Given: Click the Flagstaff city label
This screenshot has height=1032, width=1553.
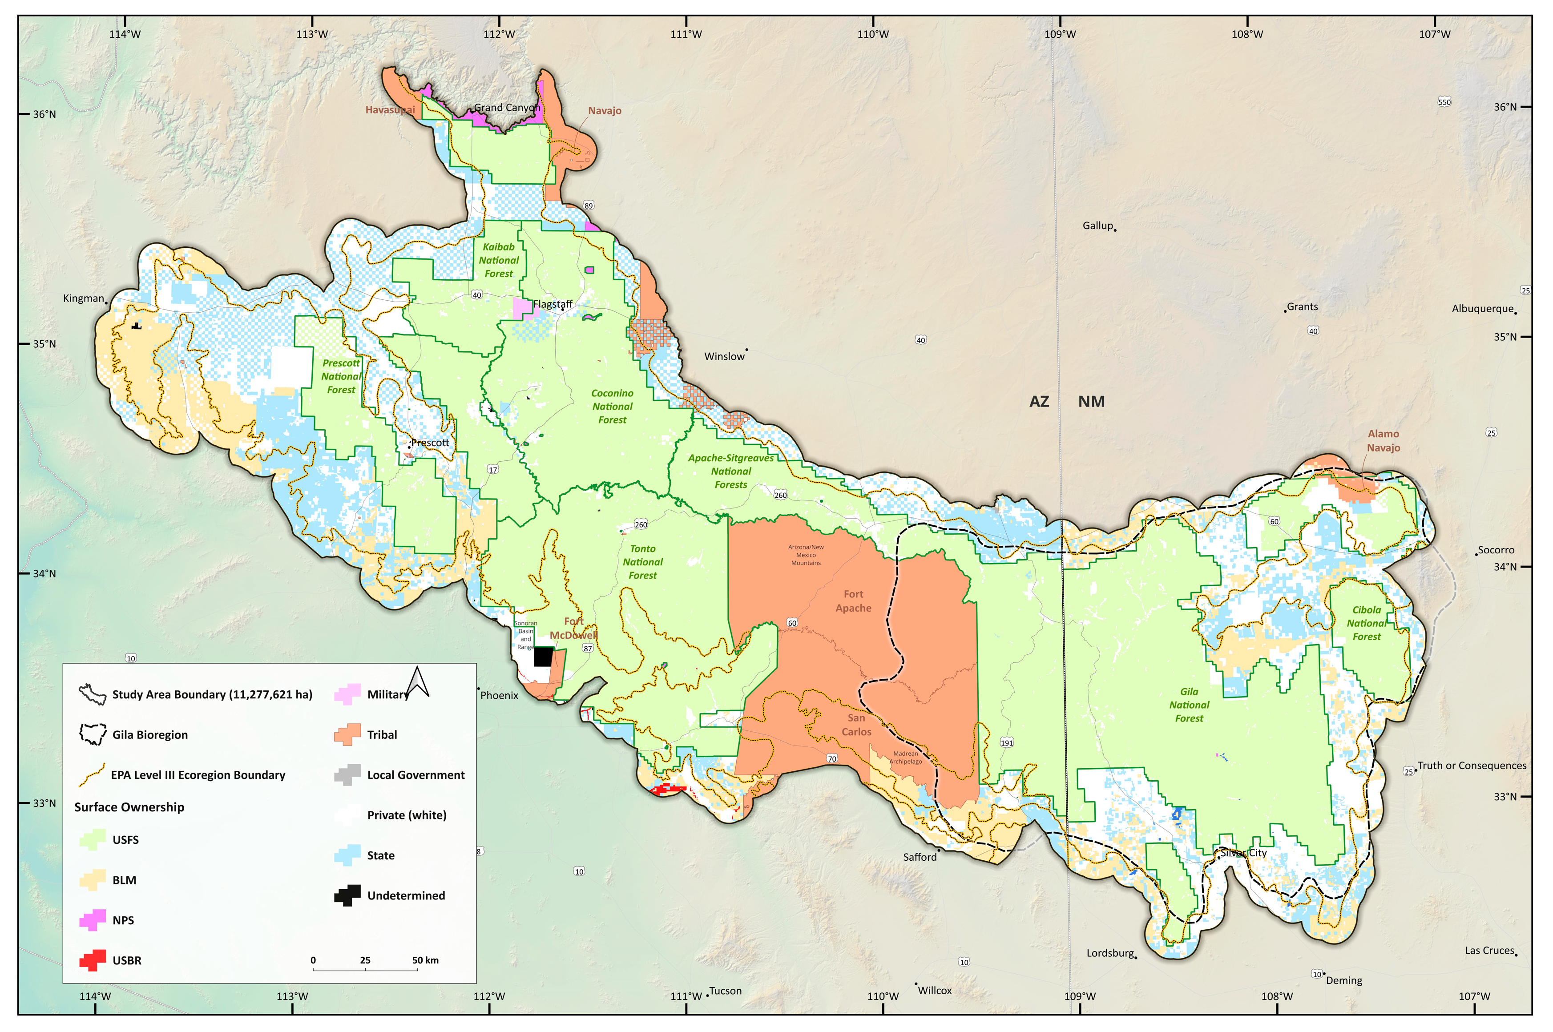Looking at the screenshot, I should (x=553, y=304).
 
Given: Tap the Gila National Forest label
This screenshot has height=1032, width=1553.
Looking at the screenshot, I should (x=1189, y=705).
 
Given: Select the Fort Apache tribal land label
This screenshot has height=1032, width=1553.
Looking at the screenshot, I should (x=854, y=601).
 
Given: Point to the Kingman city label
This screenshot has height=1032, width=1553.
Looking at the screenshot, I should (x=84, y=298).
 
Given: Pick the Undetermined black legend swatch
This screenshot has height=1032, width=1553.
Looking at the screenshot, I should (x=347, y=895).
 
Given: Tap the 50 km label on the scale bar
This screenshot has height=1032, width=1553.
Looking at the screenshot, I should (x=425, y=960).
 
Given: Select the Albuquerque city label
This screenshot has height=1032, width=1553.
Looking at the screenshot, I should (x=1483, y=309).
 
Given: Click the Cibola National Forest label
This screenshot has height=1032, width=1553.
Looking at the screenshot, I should (x=1366, y=623).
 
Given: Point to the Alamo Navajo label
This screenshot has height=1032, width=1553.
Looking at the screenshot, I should (x=1383, y=441).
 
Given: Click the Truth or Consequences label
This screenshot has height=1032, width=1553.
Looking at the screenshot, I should (x=1472, y=766).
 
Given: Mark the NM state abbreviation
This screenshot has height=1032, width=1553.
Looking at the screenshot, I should (x=1091, y=402).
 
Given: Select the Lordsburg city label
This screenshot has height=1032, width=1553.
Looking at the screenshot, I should (x=1110, y=953).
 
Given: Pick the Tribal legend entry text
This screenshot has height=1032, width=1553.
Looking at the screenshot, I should (x=382, y=734).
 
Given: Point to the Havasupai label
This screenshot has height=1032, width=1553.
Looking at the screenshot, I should (x=390, y=110).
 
